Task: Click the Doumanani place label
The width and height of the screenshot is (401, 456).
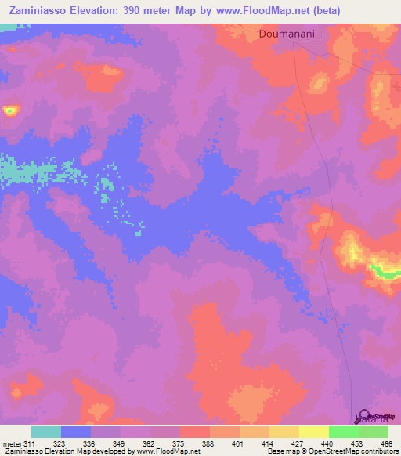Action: tap(286, 34)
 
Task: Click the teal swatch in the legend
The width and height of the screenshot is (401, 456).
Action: tap(46, 432)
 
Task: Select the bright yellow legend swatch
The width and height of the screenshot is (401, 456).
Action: tap(314, 432)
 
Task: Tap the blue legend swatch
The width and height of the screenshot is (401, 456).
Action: tap(76, 432)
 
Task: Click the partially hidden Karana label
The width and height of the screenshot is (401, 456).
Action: tap(370, 421)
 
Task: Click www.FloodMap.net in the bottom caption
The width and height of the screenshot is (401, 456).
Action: tap(167, 452)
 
